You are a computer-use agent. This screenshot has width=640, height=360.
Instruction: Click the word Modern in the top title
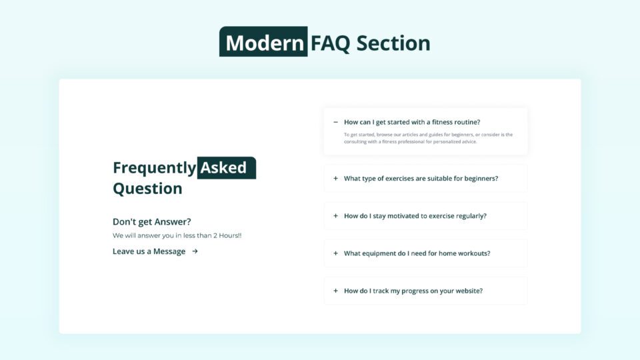coord(264,43)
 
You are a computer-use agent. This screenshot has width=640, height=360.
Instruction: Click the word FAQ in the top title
coord(331,43)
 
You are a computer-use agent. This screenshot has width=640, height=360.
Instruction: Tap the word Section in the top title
coord(393,43)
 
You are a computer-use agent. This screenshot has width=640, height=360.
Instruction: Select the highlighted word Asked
coord(224,167)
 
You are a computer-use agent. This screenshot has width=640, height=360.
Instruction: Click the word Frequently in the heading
coord(154,167)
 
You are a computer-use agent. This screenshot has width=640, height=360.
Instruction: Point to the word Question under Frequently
coord(147,188)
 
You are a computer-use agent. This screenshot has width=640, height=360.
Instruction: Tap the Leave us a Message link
coord(149,251)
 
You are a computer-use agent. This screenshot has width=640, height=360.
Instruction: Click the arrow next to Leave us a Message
coord(195,251)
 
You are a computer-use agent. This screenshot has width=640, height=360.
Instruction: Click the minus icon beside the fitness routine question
coord(335,122)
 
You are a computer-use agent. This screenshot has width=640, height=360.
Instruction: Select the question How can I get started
coord(412,122)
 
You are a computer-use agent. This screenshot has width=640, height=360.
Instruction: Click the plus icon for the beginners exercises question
coord(335,179)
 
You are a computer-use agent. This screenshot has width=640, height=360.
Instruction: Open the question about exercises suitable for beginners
coord(421,179)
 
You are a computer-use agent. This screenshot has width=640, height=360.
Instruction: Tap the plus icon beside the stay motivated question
coord(335,216)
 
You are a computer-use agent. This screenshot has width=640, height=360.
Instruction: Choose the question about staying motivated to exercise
coord(415,216)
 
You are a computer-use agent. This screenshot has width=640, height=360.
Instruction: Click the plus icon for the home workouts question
coord(335,253)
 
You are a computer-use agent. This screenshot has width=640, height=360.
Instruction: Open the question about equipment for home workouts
coord(417,253)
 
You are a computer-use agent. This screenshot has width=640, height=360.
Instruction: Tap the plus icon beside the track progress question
coord(335,291)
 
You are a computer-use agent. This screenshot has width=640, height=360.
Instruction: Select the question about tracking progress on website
coord(413,291)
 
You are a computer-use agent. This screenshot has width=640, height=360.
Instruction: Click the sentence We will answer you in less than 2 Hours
coord(177,236)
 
